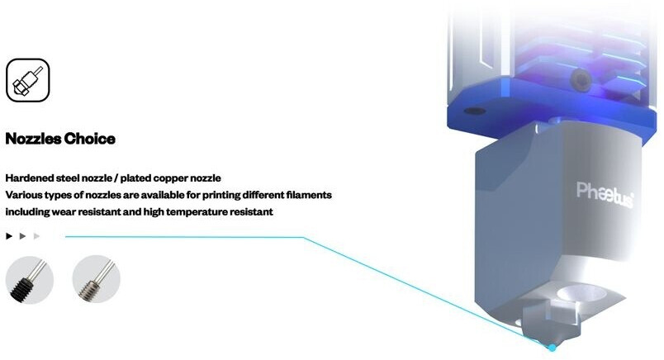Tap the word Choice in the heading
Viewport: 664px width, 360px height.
pyautogui.click(x=92, y=139)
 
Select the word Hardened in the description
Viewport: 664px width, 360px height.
pyautogui.click(x=30, y=178)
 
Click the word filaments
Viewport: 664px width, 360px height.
pyautogui.click(x=306, y=196)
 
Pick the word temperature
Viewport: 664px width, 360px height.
pyautogui.click(x=197, y=212)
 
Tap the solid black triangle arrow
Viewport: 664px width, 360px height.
pyautogui.click(x=9, y=236)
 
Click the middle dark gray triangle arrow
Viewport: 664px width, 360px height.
pyautogui.click(x=23, y=236)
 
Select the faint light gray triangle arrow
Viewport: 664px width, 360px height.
pyautogui.click(x=36, y=236)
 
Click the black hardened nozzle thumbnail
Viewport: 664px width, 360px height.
pyautogui.click(x=29, y=279)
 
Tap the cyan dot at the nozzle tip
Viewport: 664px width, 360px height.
pyautogui.click(x=553, y=347)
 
